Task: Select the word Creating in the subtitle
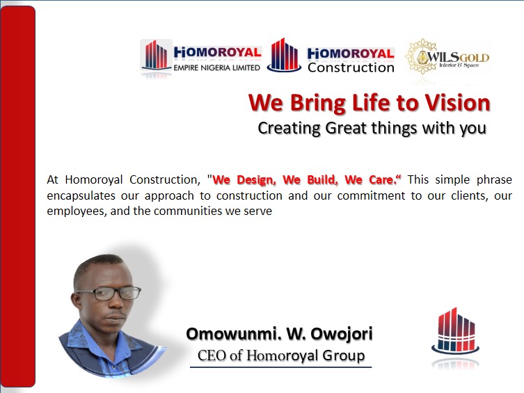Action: pos(288,129)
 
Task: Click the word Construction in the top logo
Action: pos(351,67)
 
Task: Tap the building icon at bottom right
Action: pos(453,330)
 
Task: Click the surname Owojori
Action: pos(340,334)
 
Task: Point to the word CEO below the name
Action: pos(212,356)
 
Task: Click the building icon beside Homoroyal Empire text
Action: pos(157,56)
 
